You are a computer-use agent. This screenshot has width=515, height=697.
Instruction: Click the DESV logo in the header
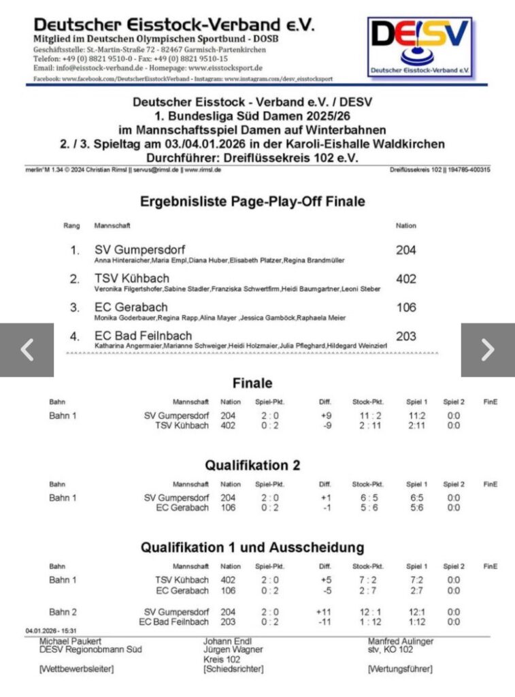[x=420, y=47]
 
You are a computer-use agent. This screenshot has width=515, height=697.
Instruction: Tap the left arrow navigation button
[x=27, y=349]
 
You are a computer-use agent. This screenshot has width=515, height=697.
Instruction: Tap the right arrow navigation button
[x=488, y=349]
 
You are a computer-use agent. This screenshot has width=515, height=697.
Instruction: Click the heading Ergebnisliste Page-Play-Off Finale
[x=252, y=201]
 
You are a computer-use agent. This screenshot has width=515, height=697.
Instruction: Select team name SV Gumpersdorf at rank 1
[x=139, y=250]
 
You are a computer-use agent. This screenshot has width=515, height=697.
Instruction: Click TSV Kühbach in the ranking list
[x=132, y=278]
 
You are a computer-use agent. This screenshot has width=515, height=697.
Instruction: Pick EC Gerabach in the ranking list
[x=130, y=307]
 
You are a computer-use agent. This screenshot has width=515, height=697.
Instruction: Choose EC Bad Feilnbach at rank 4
[x=143, y=336]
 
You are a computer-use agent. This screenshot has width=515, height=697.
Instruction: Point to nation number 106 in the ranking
[x=406, y=307]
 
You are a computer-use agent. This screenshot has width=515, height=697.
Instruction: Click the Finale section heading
[x=252, y=383]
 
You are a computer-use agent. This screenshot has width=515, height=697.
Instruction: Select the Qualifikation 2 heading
[x=252, y=466]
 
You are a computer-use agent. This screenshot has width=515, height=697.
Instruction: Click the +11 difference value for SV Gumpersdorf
[x=323, y=612]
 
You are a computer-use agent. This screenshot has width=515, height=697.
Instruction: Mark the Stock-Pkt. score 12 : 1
[x=368, y=612]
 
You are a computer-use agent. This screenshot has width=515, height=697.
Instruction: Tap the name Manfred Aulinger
[x=401, y=641]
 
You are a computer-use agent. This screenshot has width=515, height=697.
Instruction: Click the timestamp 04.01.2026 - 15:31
[x=52, y=631]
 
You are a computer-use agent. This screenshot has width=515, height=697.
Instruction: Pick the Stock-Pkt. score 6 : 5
[x=368, y=498]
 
